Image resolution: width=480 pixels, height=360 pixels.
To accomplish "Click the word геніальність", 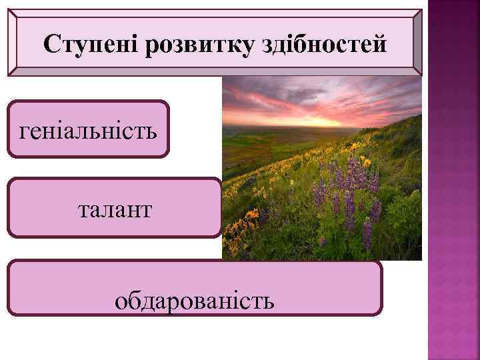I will coord(89,129).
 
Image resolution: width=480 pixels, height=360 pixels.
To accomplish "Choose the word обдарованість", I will coord(194,301).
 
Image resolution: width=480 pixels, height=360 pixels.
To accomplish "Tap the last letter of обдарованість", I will coord(269,301).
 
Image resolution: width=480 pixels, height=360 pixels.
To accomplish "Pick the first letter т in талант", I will coord(83,210).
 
